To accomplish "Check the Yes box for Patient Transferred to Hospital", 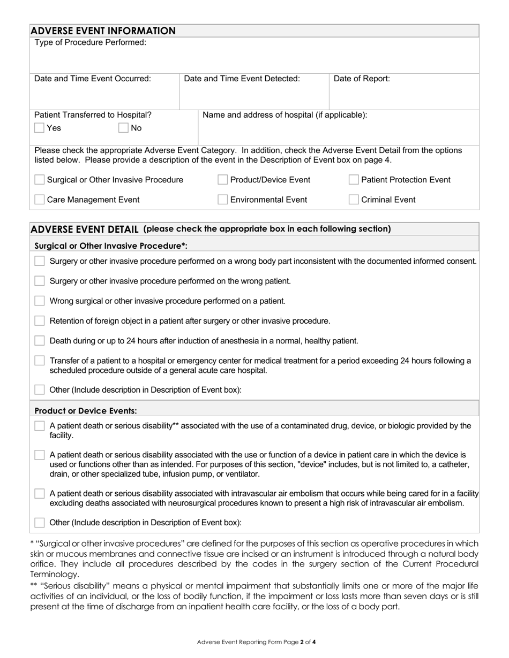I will (x=39, y=128).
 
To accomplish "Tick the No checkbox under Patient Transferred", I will (x=123, y=128).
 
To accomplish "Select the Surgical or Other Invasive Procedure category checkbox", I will (x=39, y=180).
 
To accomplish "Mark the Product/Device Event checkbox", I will (x=222, y=180).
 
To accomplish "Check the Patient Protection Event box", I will (x=354, y=180).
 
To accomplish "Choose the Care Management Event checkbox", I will (x=39, y=200).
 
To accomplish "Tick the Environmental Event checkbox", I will (x=222, y=200).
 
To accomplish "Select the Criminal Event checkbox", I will (x=354, y=200).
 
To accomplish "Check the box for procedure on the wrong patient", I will (x=39, y=281).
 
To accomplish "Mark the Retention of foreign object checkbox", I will (x=39, y=321).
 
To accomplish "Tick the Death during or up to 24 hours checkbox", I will (x=39, y=341).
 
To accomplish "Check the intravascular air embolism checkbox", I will (x=39, y=493).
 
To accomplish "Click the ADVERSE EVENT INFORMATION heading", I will (x=103, y=31).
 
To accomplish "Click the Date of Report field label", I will (x=362, y=79).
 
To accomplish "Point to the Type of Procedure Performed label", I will (x=90, y=42).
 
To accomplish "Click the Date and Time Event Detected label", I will (x=242, y=79).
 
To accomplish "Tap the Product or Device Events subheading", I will (x=86, y=411).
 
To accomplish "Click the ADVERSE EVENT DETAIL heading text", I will (x=85, y=229).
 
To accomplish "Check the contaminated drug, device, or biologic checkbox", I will (x=39, y=426).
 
